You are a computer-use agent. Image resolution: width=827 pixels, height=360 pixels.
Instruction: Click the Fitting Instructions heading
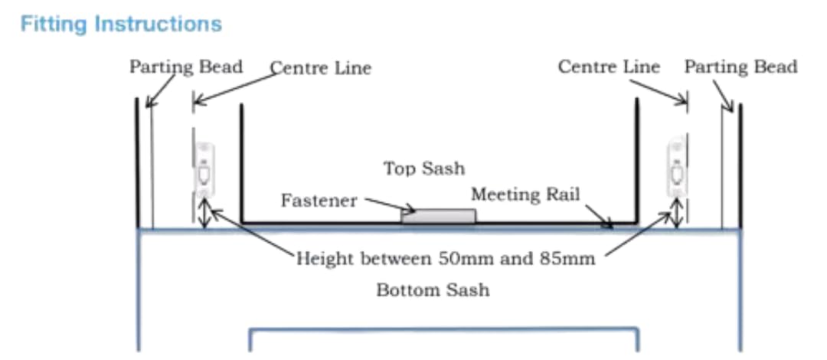[x=121, y=25]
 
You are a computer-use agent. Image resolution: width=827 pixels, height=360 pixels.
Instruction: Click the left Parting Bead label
[x=186, y=67]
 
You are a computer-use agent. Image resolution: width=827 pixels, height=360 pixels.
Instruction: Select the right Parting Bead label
[x=741, y=67]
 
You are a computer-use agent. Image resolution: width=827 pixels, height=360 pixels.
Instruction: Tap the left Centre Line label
[x=321, y=68]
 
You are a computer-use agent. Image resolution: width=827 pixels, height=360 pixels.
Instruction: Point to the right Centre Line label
[x=610, y=67]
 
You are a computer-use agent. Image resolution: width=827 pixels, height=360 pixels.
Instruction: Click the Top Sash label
[x=424, y=169]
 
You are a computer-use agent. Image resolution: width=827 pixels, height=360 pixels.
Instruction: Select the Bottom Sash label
[x=433, y=290]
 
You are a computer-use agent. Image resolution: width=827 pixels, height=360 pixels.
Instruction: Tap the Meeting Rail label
[x=525, y=195]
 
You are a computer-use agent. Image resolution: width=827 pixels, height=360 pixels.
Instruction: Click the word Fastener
[x=319, y=201]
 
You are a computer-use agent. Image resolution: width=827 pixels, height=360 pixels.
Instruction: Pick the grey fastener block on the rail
[x=438, y=216]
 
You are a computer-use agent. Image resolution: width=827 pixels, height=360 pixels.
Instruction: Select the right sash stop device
[x=677, y=166]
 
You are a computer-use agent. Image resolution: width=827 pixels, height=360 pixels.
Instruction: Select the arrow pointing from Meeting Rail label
[x=600, y=217]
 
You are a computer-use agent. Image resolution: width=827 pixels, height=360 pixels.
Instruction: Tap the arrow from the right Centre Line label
[x=659, y=91]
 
